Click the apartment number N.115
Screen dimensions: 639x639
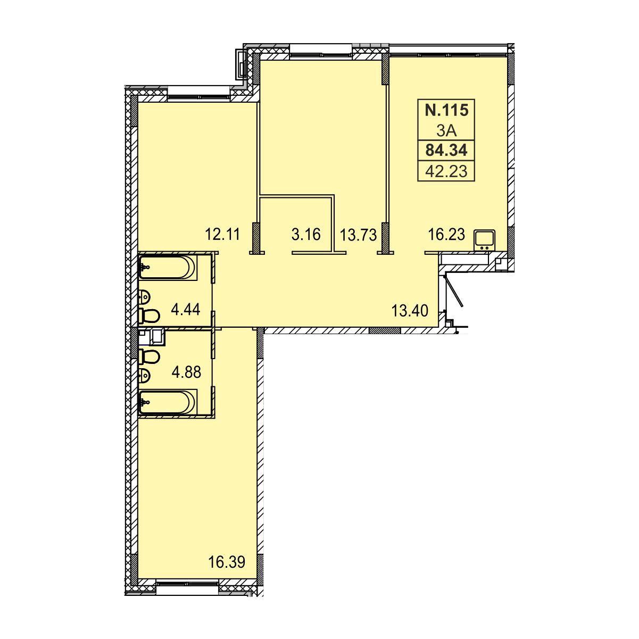coord(446,110)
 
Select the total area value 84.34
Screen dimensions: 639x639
coord(446,150)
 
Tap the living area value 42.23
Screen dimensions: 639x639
coord(446,171)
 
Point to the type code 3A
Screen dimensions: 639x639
coord(446,131)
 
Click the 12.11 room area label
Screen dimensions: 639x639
coord(222,234)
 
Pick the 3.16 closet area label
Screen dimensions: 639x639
coord(306,234)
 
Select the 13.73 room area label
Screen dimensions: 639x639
coord(358,235)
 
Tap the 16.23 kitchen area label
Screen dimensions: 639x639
coord(447,234)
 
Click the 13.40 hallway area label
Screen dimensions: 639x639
coord(410,311)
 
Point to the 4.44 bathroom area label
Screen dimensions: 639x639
coord(185,309)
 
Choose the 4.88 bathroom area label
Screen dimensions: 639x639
coord(186,372)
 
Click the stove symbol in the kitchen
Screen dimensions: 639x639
coord(485,240)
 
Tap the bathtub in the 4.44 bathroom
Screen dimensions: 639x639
coord(168,267)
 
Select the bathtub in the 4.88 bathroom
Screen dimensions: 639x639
coord(168,402)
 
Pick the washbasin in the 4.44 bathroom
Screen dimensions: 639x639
coord(145,296)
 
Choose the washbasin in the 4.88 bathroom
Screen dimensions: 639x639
coord(145,376)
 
